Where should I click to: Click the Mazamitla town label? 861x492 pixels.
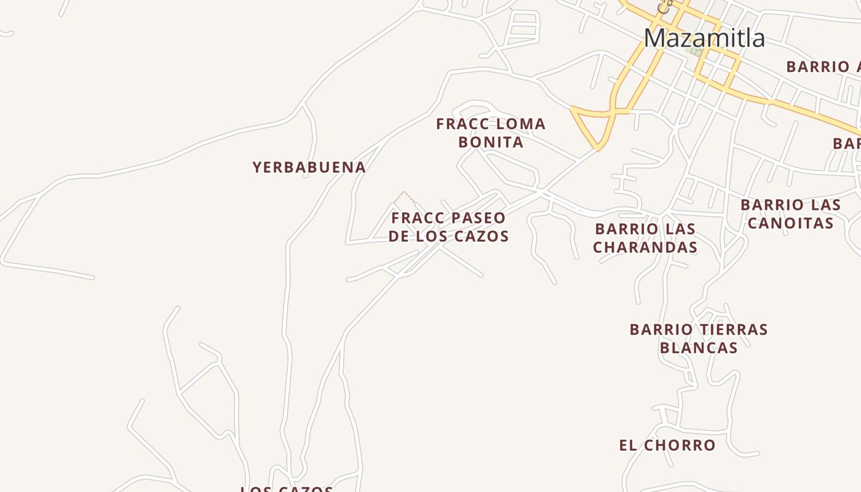coord(704,38)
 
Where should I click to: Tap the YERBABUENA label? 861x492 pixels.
coord(309,167)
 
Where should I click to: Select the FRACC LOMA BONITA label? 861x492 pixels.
coord(491,133)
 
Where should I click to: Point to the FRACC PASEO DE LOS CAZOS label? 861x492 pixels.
coord(448,227)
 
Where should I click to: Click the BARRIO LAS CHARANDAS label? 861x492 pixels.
coord(645,238)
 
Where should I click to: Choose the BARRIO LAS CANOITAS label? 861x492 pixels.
coord(790,213)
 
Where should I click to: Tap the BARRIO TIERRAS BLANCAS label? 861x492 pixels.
coord(699,338)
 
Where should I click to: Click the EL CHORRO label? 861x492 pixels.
coord(667,445)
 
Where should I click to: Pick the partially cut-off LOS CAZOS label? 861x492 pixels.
coord(287,489)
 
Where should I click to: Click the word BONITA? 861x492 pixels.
coord(491,142)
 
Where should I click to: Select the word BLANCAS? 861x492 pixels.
coord(699,348)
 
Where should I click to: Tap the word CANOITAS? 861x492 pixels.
coord(790,223)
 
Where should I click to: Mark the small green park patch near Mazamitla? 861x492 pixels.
coord(695,52)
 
